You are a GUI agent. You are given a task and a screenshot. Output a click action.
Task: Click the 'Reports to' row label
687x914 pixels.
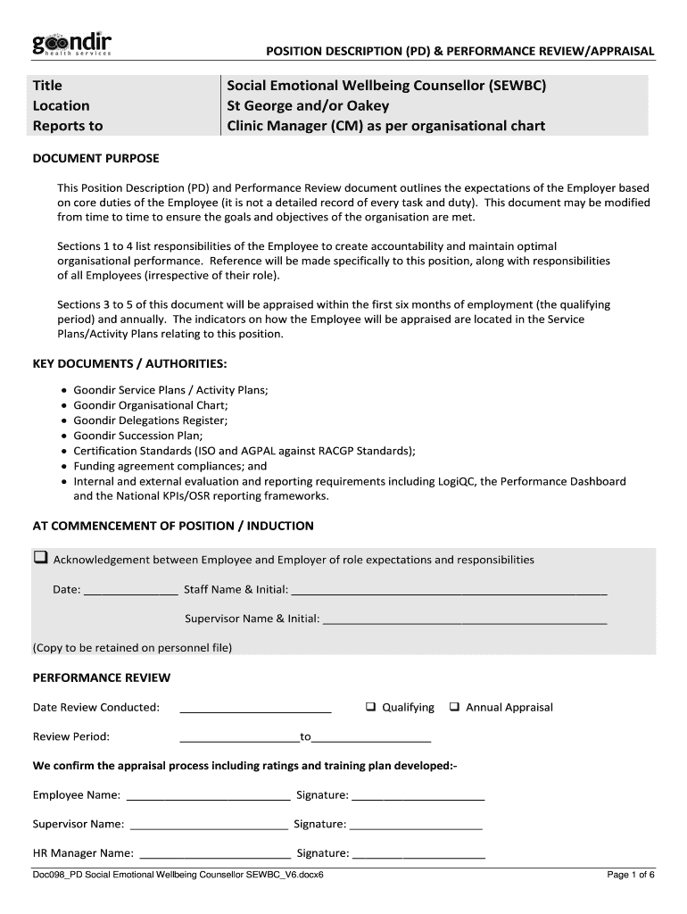[68, 126]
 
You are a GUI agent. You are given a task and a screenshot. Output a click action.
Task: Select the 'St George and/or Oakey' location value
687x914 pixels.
[308, 105]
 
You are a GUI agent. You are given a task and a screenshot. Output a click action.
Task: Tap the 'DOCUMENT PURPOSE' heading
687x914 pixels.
[95, 158]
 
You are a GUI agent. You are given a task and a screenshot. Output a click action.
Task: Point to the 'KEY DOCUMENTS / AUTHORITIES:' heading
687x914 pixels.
[129, 364]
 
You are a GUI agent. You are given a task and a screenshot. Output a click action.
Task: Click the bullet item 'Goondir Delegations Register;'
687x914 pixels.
[150, 420]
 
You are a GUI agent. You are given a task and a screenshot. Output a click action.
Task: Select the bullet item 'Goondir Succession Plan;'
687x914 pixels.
[140, 436]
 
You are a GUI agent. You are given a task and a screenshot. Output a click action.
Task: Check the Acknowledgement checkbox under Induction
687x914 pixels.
[40, 559]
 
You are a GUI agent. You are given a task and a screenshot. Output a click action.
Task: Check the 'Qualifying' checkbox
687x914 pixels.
[370, 707]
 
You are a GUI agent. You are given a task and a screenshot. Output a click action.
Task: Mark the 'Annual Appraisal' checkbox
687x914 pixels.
[454, 707]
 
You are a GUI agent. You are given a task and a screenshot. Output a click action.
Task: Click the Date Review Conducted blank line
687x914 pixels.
[255, 710]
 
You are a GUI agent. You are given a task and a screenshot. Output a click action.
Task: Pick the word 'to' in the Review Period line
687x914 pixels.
[305, 737]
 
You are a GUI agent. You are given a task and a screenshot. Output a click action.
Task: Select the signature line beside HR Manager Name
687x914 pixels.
[418, 855]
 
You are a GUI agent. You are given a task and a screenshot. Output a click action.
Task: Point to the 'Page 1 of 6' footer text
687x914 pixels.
[631, 875]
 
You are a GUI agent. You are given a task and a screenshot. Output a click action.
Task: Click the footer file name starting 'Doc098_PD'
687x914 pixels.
[178, 875]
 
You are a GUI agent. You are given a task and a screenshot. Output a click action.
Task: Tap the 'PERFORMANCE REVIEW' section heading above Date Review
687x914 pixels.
[101, 677]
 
